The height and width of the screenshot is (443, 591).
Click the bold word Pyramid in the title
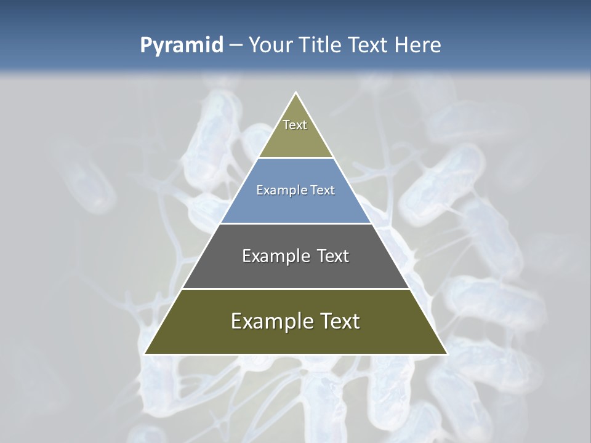coord(182,46)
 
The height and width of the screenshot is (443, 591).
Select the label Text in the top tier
coord(295,125)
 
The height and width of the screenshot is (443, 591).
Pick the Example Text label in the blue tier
coord(295,190)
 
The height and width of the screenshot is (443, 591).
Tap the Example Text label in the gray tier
coord(295,256)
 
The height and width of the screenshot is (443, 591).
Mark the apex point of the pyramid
coord(295,93)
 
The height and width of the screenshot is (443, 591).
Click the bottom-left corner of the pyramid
coord(145,354)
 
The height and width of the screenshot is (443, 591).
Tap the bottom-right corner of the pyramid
coord(446,354)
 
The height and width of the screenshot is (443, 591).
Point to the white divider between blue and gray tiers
coord(295,223)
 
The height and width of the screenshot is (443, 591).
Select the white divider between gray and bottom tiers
coord(295,289)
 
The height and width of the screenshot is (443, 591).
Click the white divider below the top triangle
coord(295,158)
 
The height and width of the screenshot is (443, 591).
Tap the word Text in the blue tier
coord(321,190)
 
